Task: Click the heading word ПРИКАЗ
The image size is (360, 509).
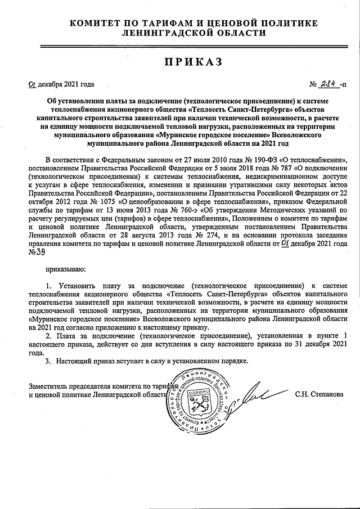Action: tap(180, 61)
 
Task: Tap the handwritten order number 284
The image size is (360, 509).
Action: tap(330, 84)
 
